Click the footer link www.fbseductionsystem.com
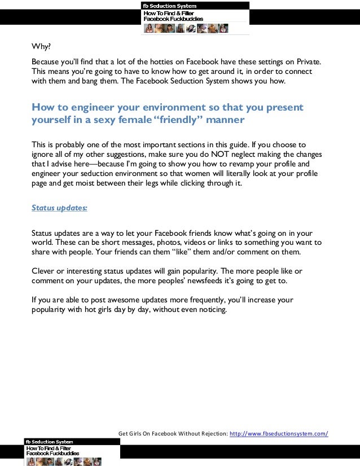point(278,433)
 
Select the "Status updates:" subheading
point(59,207)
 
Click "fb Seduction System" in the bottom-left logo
point(49,442)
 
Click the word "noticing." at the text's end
point(209,309)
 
